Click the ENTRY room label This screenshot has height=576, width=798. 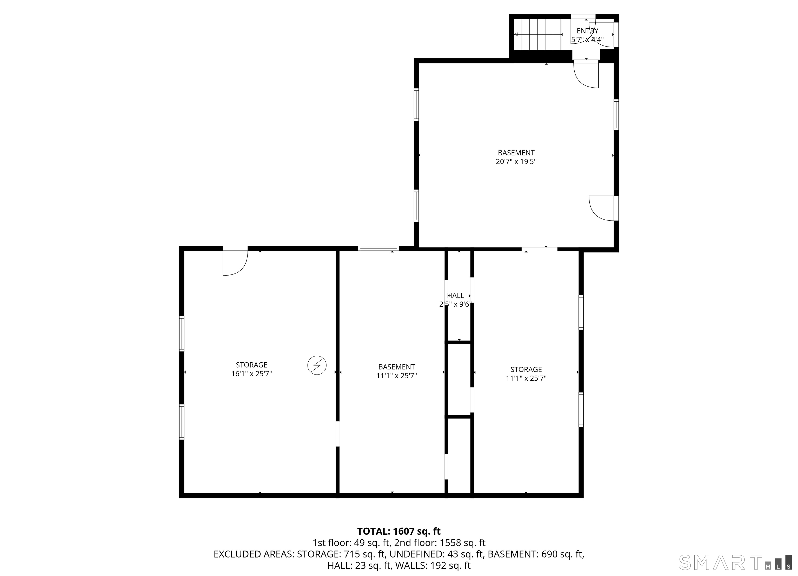point(587,31)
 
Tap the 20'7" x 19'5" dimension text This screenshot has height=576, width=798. point(516,162)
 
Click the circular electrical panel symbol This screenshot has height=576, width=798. point(317,365)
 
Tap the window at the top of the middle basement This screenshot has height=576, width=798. point(378,248)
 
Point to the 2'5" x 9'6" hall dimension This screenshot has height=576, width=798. point(455,304)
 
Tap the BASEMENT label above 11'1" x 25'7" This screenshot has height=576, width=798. point(397,367)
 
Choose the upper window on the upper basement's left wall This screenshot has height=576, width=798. point(416,104)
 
